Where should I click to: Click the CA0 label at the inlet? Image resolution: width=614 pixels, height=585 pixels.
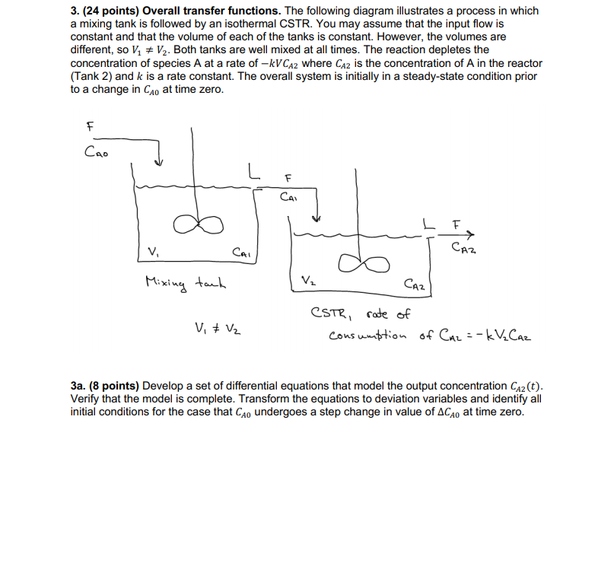coord(97,151)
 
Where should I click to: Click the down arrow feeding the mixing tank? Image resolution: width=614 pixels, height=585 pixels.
coord(158,163)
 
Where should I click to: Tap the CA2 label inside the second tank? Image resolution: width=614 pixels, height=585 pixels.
coord(418,286)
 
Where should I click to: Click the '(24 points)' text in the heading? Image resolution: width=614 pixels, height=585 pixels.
coord(110,11)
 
